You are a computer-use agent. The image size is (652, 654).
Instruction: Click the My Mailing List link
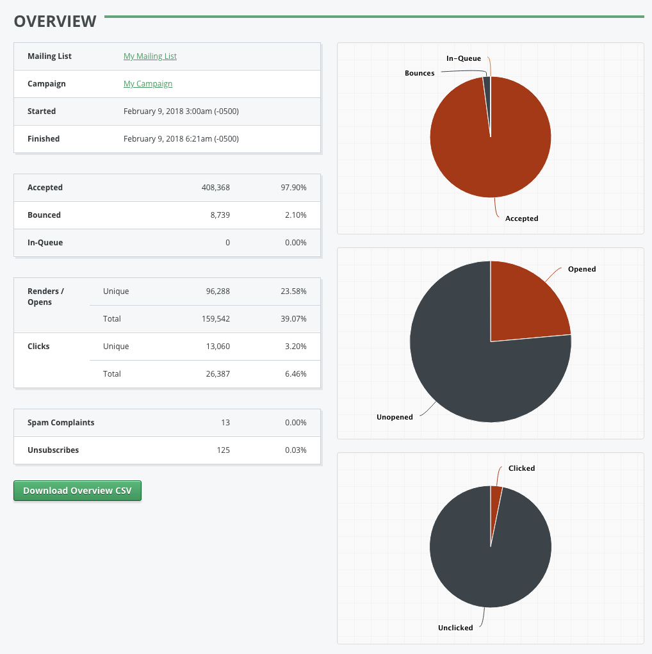point(150,56)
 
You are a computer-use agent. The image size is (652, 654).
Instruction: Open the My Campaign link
point(148,84)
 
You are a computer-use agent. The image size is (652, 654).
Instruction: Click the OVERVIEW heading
point(55,21)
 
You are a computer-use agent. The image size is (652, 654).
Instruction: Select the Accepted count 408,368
point(215,188)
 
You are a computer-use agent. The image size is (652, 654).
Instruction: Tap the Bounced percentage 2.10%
point(295,215)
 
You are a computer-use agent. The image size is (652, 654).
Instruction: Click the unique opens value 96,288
point(216,291)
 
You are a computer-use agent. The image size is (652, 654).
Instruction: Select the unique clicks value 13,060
point(216,347)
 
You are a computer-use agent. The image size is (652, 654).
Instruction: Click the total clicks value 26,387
point(216,374)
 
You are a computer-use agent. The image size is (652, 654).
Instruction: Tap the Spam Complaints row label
point(61,423)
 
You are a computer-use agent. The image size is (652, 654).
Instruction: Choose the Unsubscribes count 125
point(223,450)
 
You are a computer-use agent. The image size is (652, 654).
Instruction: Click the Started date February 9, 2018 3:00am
point(181,111)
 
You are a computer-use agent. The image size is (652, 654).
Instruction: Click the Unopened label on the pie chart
point(395,417)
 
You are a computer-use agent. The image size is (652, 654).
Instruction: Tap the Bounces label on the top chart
point(420,73)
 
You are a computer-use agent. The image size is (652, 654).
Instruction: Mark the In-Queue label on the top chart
point(464,59)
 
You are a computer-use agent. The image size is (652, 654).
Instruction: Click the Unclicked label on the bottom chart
point(455,628)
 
